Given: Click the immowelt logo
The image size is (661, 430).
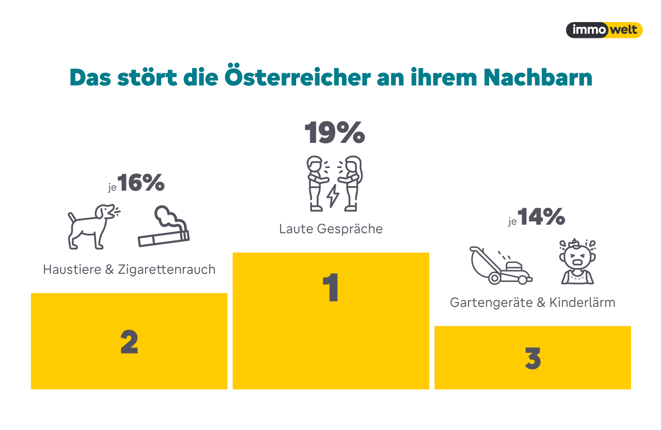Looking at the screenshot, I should click(x=604, y=30).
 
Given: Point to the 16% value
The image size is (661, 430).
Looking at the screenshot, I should click(x=141, y=183).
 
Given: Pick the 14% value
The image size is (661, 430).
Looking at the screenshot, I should click(x=541, y=217).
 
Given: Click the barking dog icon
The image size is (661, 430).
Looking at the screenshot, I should click(x=93, y=226).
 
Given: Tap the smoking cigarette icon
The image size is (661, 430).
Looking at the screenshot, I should click(x=163, y=227).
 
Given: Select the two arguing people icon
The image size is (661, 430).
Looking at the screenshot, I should click(x=335, y=183).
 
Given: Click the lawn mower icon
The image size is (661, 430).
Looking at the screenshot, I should click(x=501, y=265).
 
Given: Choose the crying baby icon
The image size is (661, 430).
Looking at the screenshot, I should click(x=577, y=262).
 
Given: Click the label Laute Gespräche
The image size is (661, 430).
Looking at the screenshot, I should click(x=331, y=229).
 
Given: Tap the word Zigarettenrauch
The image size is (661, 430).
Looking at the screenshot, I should click(x=167, y=269).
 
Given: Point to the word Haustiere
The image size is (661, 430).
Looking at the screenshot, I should click(x=72, y=269).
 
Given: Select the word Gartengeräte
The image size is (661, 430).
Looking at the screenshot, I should click(x=491, y=303).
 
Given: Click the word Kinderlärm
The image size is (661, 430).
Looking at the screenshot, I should click(x=582, y=303).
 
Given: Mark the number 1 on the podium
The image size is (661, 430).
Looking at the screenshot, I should click(x=330, y=288).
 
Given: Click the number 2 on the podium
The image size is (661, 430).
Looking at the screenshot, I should click(x=129, y=342).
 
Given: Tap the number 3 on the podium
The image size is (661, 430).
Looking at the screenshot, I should click(x=533, y=358).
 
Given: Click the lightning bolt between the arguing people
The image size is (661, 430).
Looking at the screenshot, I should click(x=333, y=195).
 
